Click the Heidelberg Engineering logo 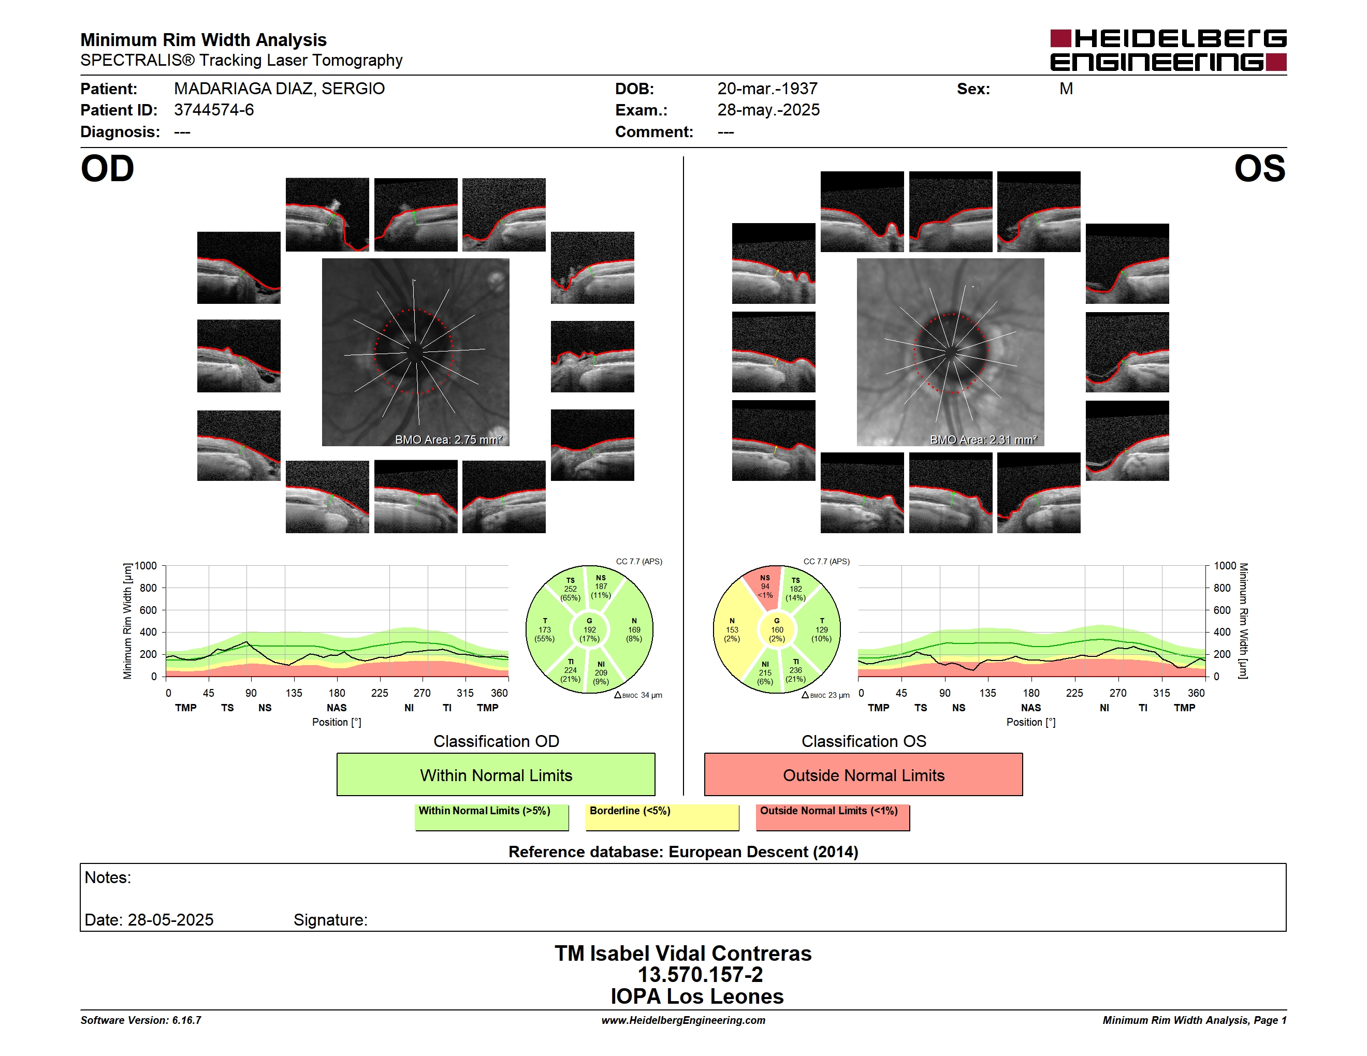point(1168,50)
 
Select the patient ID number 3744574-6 point(214,110)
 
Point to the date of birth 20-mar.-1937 point(767,89)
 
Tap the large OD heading point(107,169)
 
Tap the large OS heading point(1259,169)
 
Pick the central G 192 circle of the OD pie point(589,630)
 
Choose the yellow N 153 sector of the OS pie point(734,630)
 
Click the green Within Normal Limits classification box point(496,774)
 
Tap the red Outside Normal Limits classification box point(863,774)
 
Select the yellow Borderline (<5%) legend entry point(662,816)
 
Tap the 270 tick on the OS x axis point(1117,693)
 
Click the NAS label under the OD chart point(336,708)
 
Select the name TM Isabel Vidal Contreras point(683,953)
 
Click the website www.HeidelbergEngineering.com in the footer point(683,1020)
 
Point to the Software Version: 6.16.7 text point(141,1020)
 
